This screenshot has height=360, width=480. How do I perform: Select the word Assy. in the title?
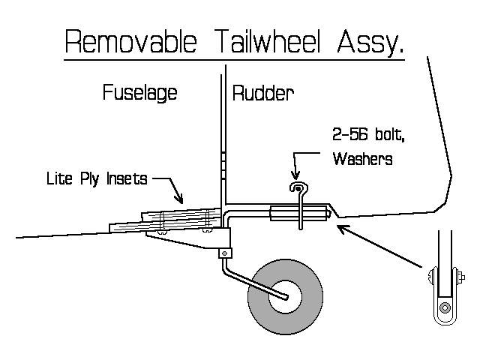point(370,43)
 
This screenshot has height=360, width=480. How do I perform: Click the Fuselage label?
point(139,94)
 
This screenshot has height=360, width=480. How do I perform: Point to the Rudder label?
point(263,94)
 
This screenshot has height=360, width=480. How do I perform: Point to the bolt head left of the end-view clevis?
point(429,281)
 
